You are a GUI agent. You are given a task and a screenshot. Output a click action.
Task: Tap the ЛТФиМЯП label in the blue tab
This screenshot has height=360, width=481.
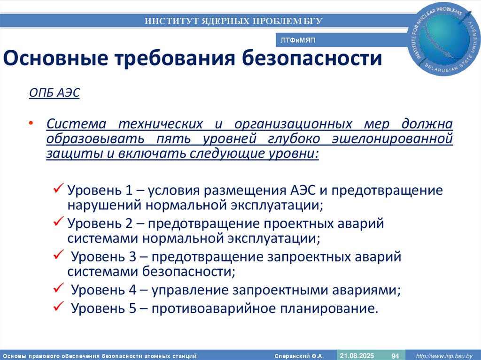pos(298,41)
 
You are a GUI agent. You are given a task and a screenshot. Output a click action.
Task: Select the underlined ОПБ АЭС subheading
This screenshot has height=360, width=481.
pos(54,93)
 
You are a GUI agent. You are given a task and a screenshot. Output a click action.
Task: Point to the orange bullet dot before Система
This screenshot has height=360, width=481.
pos(31,123)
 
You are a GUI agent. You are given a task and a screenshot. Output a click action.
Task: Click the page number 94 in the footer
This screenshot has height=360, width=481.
pos(395,356)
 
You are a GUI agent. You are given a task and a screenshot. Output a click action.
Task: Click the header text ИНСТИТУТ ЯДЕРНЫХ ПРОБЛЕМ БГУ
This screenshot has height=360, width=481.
pos(233,21)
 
